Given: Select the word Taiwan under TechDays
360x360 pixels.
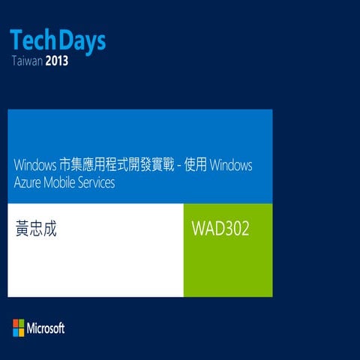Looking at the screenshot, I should pyautogui.click(x=28, y=61).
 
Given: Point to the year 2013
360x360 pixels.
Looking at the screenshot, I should pyautogui.click(x=58, y=61).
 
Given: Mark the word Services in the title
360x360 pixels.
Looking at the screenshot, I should pyautogui.click(x=98, y=182).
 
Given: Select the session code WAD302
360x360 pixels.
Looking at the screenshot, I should pyautogui.click(x=221, y=227).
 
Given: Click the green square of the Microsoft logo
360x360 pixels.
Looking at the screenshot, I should pyautogui.click(x=21, y=324).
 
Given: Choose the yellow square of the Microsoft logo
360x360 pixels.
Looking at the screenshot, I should pyautogui.click(x=21, y=331).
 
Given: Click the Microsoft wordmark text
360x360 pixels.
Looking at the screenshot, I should pyautogui.click(x=46, y=328).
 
